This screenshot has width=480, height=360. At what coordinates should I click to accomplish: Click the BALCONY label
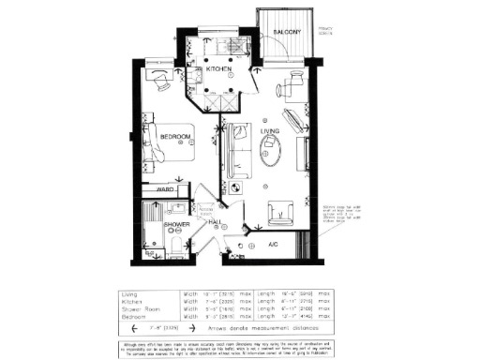pos(285,34)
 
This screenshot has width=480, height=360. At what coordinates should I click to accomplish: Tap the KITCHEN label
pos(220,69)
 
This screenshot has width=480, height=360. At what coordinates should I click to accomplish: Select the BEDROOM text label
pos(175,138)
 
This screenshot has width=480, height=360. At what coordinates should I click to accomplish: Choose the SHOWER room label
pos(177,226)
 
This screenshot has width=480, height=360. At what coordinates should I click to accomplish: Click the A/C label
pos(274,243)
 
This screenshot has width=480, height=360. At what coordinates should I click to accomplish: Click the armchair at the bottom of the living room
pos(281,214)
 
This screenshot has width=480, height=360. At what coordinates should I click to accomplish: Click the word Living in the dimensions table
pos(129,293)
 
